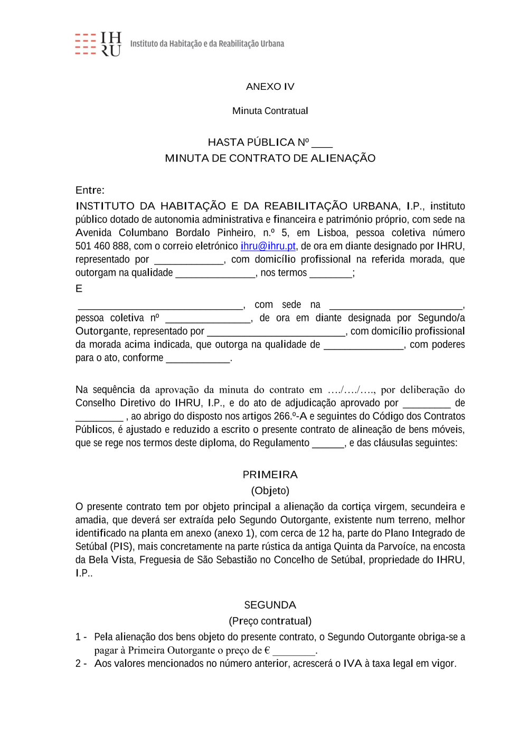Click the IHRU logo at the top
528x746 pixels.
(99, 44)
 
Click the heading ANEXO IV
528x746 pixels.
(270, 87)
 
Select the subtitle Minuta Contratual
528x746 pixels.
(270, 111)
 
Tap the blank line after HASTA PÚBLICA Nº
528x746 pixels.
(322, 144)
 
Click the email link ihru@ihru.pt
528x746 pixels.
(268, 246)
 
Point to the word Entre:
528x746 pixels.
(90, 190)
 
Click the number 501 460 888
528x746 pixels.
(102, 246)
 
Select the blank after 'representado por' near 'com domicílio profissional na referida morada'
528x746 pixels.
(188, 261)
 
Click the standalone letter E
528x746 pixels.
(79, 289)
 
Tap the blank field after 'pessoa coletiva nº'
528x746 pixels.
(208, 319)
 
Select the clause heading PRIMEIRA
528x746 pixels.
(270, 475)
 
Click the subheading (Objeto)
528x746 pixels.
(270, 490)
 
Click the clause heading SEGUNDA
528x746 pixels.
(270, 605)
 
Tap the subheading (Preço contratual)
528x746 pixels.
(270, 621)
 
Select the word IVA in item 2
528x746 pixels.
(352, 664)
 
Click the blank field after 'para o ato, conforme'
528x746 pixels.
(198, 359)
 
